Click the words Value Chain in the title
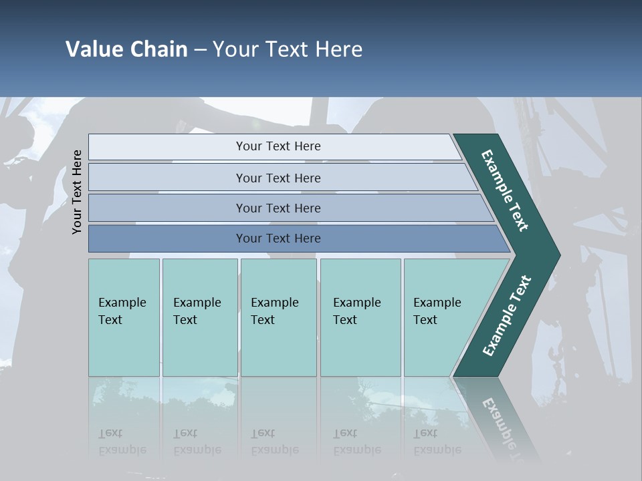pos(126,49)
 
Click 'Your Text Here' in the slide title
pos(288,49)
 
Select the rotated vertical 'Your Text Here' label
pos(77,192)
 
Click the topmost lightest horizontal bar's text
pos(278,146)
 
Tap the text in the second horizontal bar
pos(278,178)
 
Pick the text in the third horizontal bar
pos(278,208)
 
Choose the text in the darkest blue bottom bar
pos(278,238)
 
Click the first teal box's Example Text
pos(122,311)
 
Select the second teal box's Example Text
pos(197,311)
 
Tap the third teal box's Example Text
pos(274,311)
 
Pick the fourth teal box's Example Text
pos(356,311)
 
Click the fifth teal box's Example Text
pos(437,311)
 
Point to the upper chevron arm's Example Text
pos(505,190)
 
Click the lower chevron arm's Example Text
pos(506,316)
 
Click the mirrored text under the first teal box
pos(122,442)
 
